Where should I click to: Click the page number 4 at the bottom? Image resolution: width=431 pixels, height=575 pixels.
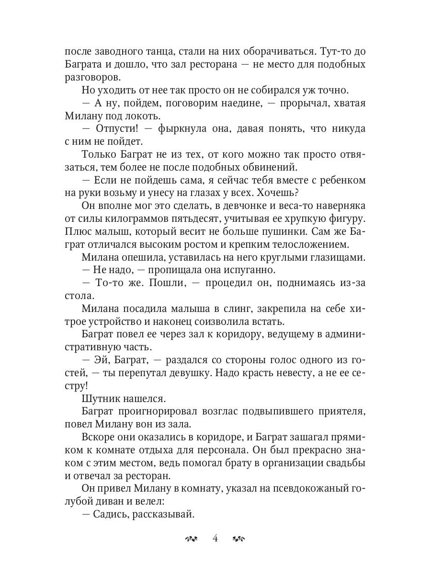click(x=215, y=538)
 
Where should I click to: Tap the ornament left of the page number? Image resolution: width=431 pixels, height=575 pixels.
click(x=191, y=539)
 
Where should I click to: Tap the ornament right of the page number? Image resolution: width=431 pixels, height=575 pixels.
click(x=239, y=539)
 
